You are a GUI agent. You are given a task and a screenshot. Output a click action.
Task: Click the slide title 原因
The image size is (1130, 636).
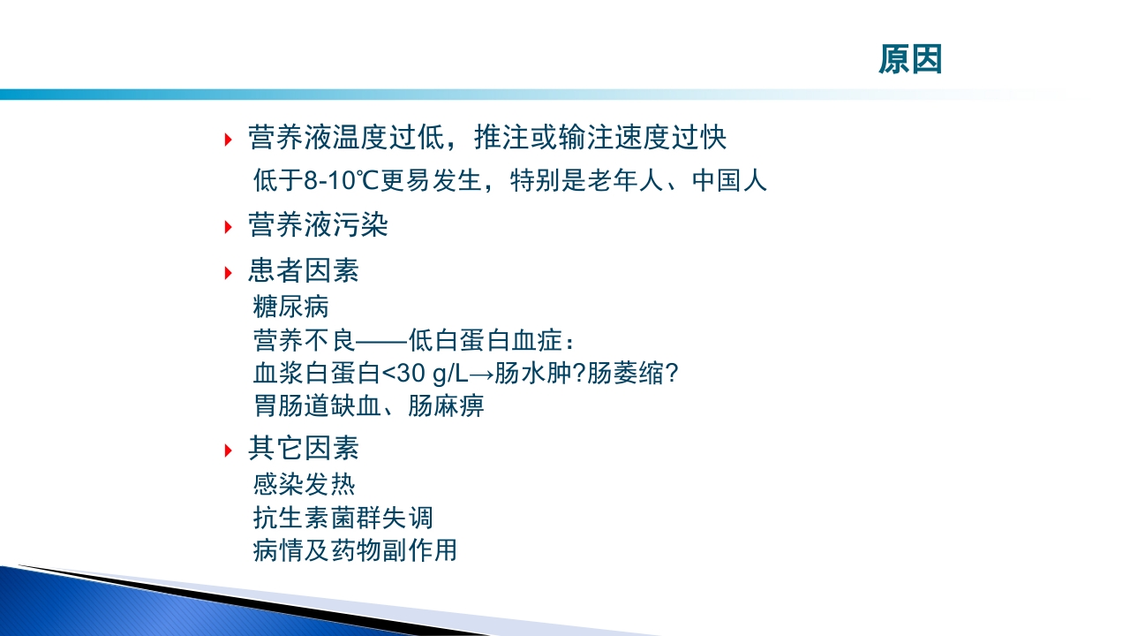tap(910, 59)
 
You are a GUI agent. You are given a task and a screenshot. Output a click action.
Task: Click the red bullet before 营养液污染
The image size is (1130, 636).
tap(228, 227)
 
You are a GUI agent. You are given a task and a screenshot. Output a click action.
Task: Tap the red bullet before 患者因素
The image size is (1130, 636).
tap(228, 272)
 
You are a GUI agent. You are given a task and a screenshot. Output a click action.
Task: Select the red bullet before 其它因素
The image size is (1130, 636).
tap(228, 450)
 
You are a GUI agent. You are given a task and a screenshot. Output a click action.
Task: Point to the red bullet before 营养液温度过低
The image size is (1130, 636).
tap(228, 139)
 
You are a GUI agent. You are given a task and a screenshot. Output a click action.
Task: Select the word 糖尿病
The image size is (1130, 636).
tap(290, 307)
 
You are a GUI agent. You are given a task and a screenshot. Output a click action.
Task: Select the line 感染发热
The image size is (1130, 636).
tap(304, 484)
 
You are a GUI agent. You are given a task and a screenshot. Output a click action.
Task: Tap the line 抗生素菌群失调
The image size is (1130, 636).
tap(343, 518)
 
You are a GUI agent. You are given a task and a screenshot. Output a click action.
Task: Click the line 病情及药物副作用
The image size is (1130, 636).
tap(355, 550)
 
